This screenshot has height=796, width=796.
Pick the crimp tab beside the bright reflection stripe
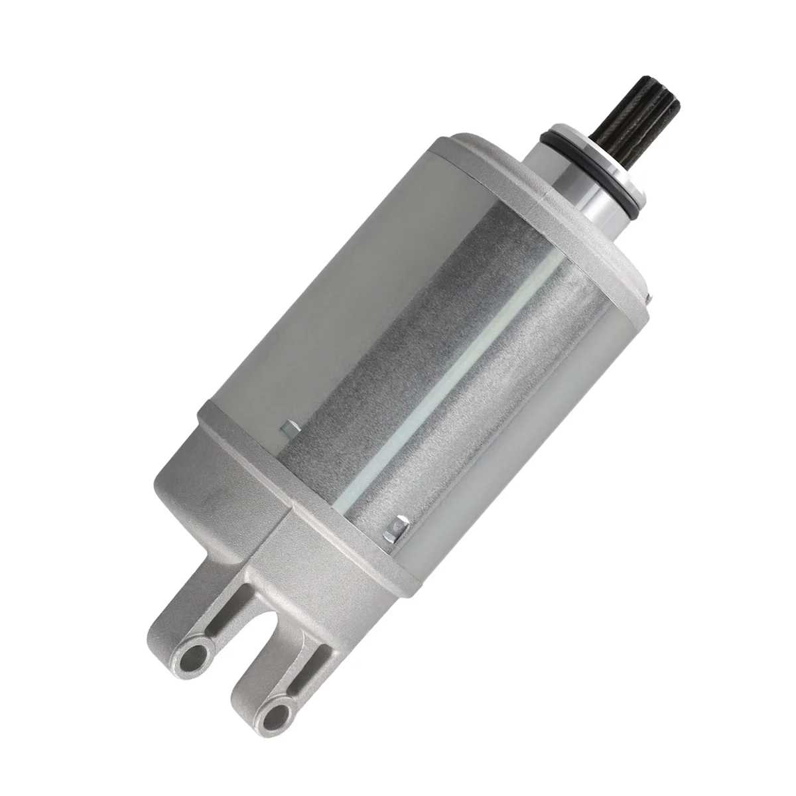(x=399, y=527)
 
